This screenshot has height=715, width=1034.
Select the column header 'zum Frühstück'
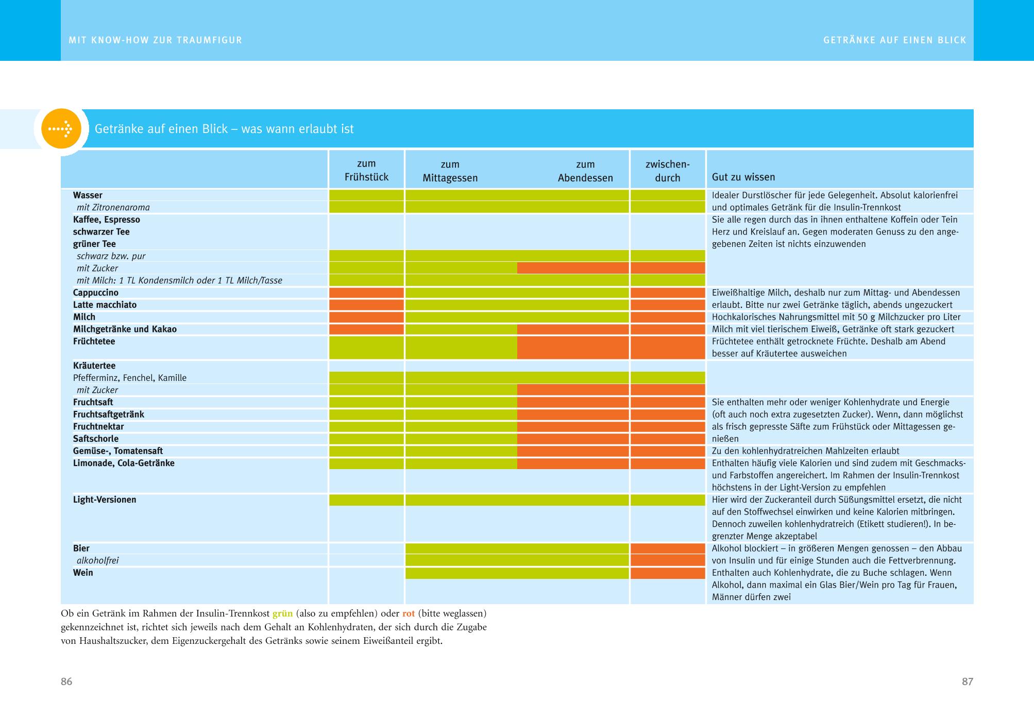tap(366, 171)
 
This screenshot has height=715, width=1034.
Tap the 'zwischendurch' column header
tap(667, 171)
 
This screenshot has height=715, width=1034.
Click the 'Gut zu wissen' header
tap(743, 177)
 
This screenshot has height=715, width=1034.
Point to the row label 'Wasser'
tap(88, 195)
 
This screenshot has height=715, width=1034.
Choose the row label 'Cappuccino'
tap(96, 293)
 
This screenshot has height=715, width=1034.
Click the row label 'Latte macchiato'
tap(105, 305)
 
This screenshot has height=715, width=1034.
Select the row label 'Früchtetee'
tap(94, 342)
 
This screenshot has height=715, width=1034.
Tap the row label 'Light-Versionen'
tap(105, 500)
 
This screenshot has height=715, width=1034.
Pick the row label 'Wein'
tap(83, 573)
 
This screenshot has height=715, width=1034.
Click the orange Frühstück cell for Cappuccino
tap(366, 293)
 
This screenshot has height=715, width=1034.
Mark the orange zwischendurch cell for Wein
tap(667, 573)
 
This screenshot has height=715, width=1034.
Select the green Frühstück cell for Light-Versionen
tap(366, 500)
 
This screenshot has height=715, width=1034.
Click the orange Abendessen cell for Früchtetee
tap(573, 347)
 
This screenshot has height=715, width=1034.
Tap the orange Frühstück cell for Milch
tap(366, 317)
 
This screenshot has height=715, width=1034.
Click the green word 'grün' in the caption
tap(282, 614)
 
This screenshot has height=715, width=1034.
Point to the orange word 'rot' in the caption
tap(409, 614)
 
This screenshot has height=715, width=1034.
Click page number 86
tap(66, 681)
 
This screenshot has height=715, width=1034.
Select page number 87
tap(967, 681)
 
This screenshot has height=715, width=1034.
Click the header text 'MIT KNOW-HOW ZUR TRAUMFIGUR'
tap(155, 40)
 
